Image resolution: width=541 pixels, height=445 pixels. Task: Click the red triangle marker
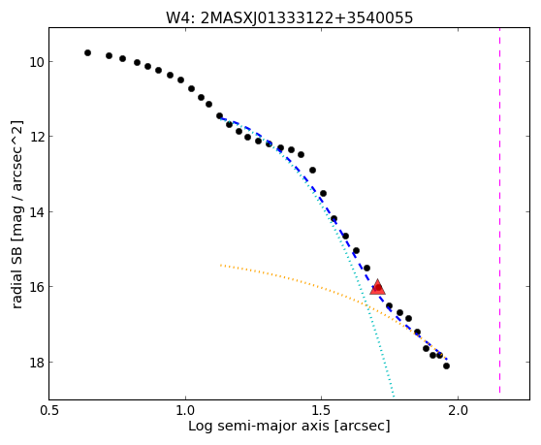377,287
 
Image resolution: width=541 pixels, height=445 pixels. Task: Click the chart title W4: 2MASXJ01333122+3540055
289,17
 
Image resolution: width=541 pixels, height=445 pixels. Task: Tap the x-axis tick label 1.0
185,410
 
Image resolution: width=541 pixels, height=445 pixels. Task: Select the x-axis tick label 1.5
321,410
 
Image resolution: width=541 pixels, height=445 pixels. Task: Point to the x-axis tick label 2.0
458,410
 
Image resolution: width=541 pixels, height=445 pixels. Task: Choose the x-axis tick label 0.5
49,410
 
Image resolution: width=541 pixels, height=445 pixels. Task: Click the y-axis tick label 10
36,62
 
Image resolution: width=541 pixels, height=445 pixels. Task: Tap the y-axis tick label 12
36,137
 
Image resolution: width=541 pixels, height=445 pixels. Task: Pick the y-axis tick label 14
36,211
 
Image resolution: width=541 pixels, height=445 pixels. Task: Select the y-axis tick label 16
36,287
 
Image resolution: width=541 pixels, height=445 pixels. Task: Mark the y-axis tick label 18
36,363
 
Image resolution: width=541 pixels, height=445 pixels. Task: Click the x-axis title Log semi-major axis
259,427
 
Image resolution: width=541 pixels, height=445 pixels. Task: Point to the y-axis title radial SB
16,276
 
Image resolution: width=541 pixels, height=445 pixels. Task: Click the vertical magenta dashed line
499,210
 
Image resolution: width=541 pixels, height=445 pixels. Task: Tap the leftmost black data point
87,52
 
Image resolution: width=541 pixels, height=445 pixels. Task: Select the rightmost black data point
446,366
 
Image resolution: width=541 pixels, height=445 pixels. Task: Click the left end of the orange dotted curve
221,265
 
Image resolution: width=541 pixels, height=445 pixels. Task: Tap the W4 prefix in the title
177,17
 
